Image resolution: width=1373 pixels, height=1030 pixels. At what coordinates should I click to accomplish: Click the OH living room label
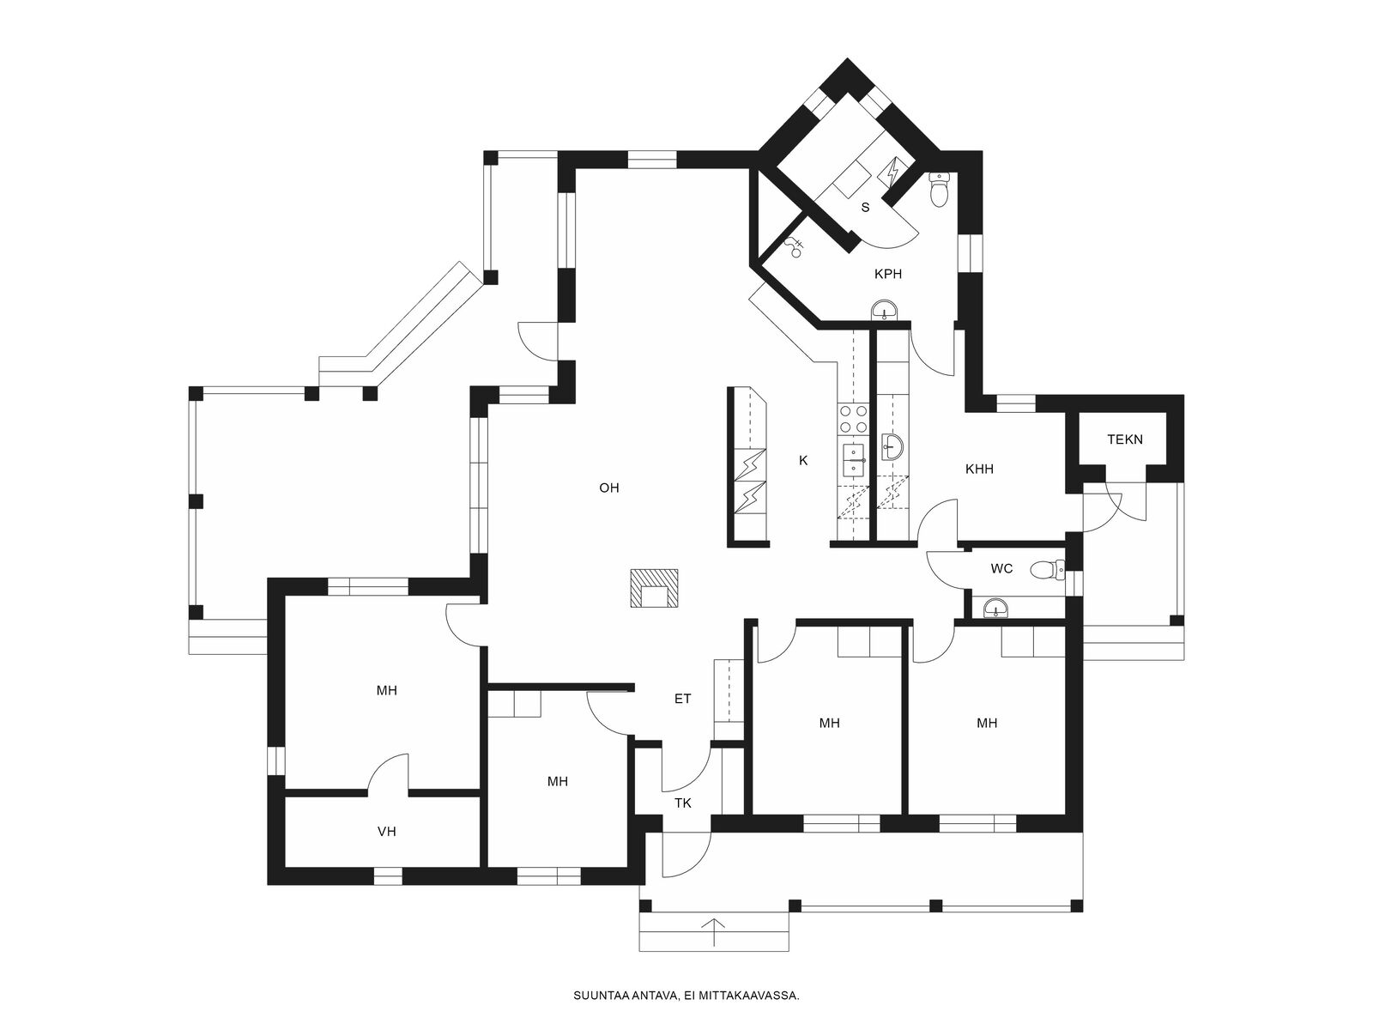(x=608, y=488)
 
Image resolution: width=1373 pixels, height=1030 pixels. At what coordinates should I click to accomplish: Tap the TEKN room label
(x=1125, y=439)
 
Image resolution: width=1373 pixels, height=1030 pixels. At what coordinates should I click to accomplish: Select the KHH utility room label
(x=979, y=469)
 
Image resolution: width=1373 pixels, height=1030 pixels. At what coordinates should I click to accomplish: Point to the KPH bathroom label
(x=887, y=274)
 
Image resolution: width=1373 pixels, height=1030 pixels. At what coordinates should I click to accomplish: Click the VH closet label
(x=386, y=831)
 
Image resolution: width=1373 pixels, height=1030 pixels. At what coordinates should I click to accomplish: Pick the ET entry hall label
(x=682, y=699)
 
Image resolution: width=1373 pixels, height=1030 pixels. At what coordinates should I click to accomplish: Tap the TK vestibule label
(x=682, y=803)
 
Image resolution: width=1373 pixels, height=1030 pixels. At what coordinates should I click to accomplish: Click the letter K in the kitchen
(x=803, y=461)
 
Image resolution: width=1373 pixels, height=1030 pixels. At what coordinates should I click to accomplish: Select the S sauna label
(x=865, y=208)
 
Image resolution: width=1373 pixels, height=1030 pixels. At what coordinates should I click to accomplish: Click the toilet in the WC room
(x=1047, y=570)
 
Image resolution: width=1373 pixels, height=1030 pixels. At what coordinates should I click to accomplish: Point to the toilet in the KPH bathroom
(x=940, y=189)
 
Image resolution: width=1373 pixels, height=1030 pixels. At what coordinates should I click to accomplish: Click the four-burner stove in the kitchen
(x=853, y=419)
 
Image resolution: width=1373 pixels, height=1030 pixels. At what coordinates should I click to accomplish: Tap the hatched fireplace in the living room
(x=654, y=588)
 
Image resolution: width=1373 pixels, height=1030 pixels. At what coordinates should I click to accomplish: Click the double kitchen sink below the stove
(x=853, y=460)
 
